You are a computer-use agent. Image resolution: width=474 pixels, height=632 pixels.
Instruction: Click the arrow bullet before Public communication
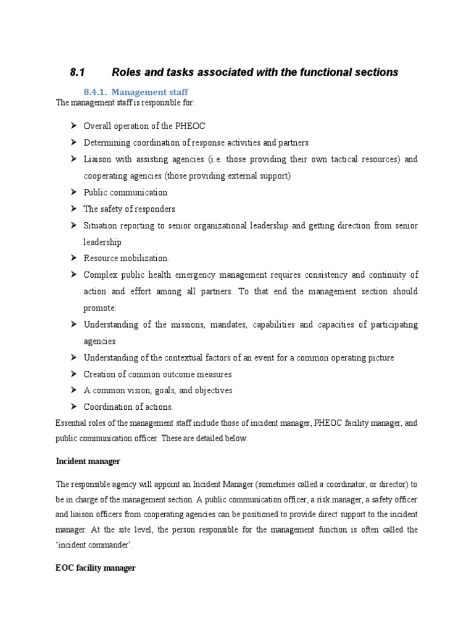point(73,192)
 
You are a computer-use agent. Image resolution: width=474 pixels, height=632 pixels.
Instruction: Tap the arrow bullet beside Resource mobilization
point(73,258)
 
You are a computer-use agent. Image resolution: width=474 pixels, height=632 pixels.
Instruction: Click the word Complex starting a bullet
point(101,275)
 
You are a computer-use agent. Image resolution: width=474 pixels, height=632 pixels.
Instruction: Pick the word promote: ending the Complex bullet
point(99,307)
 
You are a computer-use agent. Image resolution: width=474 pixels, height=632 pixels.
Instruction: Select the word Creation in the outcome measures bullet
point(99,374)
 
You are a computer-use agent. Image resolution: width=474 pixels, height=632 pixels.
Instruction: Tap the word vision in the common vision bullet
point(142,391)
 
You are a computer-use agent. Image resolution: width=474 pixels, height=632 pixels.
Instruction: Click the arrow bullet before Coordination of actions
point(73,407)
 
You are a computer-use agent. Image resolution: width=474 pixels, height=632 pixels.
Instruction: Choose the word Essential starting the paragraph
point(72,423)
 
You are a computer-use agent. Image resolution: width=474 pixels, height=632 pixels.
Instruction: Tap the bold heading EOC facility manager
point(95,568)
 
